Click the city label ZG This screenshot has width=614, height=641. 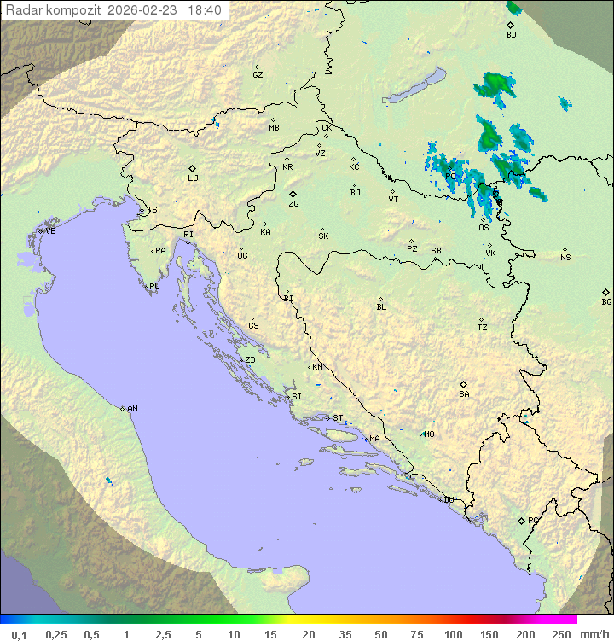pyautogui.click(x=293, y=205)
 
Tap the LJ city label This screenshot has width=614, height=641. pyautogui.click(x=193, y=178)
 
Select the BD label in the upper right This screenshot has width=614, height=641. pyautogui.click(x=511, y=35)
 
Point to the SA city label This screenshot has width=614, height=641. pyautogui.click(x=464, y=394)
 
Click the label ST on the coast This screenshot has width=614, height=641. pyautogui.click(x=338, y=418)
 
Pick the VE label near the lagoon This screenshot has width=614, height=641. pyautogui.click(x=50, y=231)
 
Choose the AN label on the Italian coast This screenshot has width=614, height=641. pyautogui.click(x=132, y=409)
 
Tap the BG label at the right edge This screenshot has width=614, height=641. pyautogui.click(x=606, y=301)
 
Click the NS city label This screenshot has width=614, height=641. pyautogui.click(x=565, y=258)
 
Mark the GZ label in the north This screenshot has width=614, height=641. pyautogui.click(x=258, y=75)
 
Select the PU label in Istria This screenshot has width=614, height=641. pyautogui.click(x=154, y=287)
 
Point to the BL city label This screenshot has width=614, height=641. pyautogui.click(x=381, y=307)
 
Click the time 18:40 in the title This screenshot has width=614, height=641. pyautogui.click(x=205, y=10)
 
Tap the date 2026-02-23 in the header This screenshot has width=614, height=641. pyautogui.click(x=145, y=10)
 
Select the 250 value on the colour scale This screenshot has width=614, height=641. pyautogui.click(x=561, y=634)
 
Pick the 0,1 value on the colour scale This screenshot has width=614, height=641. pyautogui.click(x=18, y=634)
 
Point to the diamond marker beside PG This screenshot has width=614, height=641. pyautogui.click(x=521, y=520)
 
